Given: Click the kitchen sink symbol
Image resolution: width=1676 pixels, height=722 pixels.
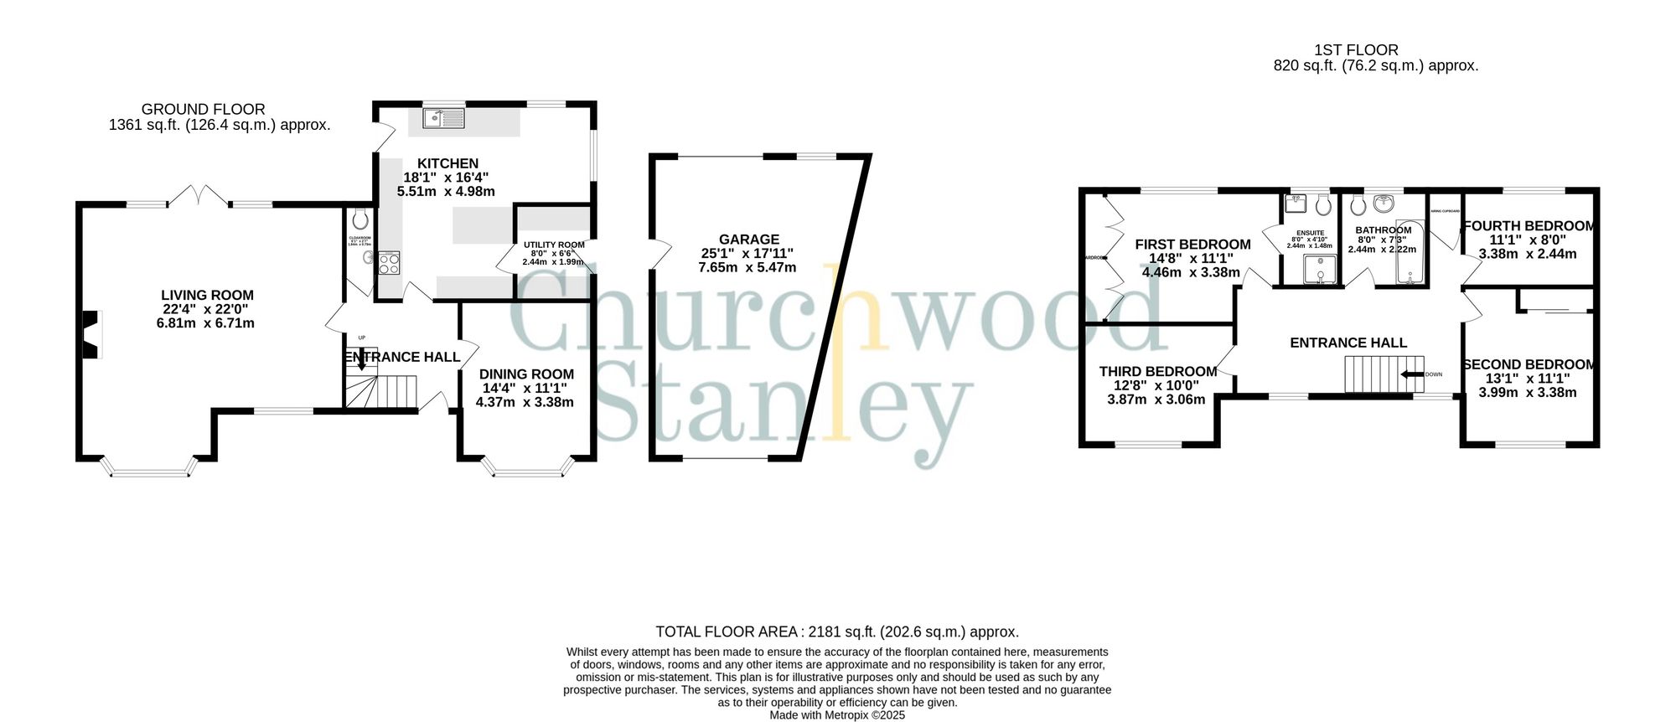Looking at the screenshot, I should pos(443,119).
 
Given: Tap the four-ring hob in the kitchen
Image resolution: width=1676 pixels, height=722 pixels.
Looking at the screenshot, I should pos(389,263).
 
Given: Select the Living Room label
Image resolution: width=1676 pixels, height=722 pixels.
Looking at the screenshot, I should pos(207,295).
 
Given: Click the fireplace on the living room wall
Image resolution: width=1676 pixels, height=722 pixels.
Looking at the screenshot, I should pos(91,334).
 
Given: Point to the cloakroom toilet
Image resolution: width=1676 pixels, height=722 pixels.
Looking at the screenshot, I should pos(361,219).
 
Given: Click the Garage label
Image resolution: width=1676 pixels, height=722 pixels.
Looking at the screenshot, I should pos(748,240).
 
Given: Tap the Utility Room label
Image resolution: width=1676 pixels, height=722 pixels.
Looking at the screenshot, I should pos(554,245).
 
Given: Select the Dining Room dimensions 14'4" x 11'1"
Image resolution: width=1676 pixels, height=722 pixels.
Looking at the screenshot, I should pos(525,388).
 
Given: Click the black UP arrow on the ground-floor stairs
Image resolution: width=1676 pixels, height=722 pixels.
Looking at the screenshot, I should pos(361,361).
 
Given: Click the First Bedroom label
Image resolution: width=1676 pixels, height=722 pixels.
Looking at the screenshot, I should pos(1192,245).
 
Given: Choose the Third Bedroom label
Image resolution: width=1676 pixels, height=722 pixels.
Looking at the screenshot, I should pos(1157,371).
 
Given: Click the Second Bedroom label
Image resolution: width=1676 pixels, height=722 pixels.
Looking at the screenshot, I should pos(1529,364).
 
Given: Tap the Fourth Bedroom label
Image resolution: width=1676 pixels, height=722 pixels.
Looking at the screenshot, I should pos(1529,226).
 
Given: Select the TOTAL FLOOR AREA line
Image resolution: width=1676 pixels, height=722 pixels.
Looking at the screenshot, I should pos(837,632).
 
